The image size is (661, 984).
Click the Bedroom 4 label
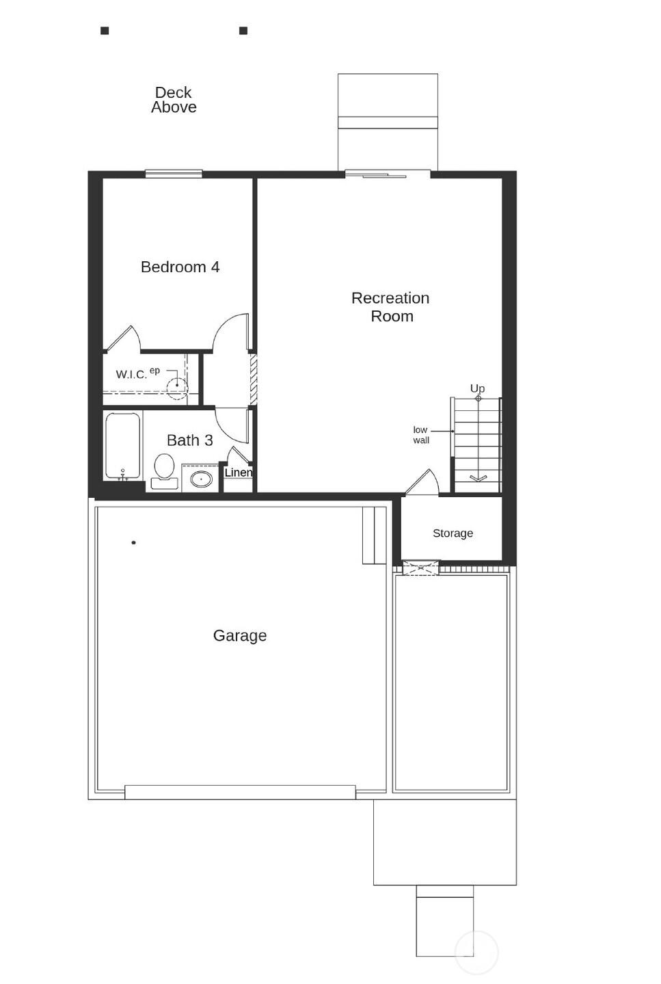click(x=180, y=267)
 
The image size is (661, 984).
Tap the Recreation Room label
click(x=390, y=307)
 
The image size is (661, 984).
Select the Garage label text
click(x=239, y=635)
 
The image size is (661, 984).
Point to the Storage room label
click(x=453, y=533)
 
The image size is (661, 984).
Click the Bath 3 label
click(x=189, y=440)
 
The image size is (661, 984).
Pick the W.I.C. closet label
click(x=131, y=374)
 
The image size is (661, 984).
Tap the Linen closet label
click(x=238, y=473)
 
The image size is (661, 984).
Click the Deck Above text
click(x=174, y=100)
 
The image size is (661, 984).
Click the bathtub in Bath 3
click(x=123, y=446)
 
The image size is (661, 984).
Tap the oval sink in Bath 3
click(x=201, y=478)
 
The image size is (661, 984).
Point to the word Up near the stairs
click(x=477, y=388)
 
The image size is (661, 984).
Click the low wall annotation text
click(x=421, y=435)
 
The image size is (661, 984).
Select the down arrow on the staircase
click(x=478, y=477)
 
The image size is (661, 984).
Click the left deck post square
click(x=105, y=31)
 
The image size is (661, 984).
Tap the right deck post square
click(x=243, y=31)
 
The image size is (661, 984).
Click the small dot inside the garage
click(x=133, y=543)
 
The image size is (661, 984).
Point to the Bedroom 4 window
click(x=174, y=174)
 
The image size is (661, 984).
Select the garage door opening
click(x=240, y=792)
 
